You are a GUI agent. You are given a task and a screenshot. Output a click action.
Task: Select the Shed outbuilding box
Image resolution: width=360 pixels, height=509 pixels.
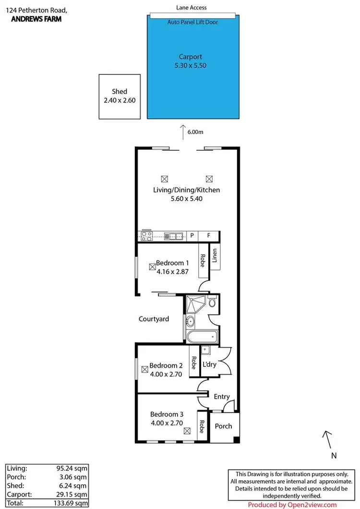click(120, 97)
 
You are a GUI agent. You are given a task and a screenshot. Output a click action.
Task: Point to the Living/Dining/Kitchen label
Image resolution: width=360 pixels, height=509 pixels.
click(186, 190)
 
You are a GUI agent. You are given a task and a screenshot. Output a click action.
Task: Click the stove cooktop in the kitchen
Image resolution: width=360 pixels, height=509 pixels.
click(146, 236)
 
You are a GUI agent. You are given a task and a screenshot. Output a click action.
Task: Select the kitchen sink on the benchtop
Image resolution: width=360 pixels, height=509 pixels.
click(173, 236)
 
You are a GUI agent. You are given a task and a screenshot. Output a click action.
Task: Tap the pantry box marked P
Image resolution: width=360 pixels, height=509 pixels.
click(192, 236)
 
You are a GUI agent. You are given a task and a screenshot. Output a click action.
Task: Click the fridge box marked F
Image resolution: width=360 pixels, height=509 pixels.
click(208, 236)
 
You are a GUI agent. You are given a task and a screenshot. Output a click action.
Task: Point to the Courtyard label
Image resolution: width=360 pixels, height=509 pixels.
click(154, 319)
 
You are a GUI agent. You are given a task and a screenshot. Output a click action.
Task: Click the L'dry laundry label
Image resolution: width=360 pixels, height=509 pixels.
click(210, 364)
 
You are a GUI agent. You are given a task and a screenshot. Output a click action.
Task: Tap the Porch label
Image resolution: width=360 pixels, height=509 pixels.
click(223, 426)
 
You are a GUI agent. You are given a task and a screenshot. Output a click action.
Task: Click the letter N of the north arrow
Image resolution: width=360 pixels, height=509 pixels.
click(333, 455)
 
